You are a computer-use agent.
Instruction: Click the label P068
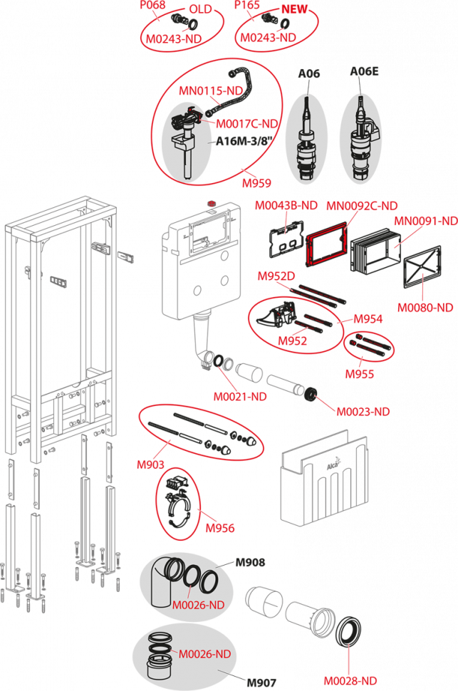[153, 5]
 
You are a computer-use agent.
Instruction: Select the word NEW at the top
[295, 10]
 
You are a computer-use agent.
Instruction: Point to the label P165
[247, 5]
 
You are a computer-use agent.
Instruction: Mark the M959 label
[256, 183]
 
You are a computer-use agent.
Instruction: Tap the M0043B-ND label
[286, 206]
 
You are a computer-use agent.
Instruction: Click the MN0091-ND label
[426, 222]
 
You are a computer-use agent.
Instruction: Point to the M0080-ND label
[425, 308]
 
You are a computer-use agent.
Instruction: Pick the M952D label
[276, 276]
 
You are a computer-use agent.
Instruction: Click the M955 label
[360, 374]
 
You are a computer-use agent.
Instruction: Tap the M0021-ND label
[240, 397]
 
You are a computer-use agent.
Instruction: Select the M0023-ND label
[363, 412]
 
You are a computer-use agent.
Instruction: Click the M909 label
[151, 464]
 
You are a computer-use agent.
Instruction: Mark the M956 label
[219, 528]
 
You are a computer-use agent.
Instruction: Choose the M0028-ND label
[350, 680]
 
